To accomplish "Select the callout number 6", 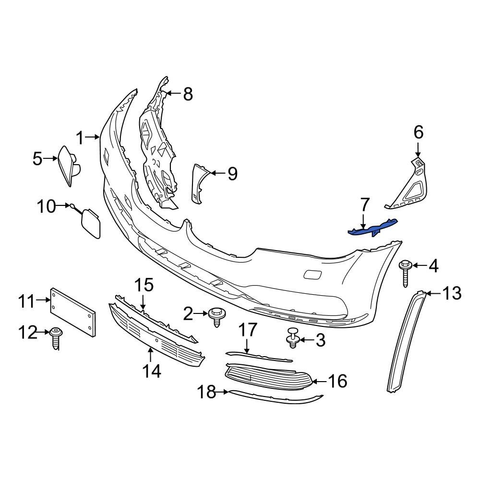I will (x=419, y=131).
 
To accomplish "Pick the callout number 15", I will (x=143, y=285).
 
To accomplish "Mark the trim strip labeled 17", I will (x=259, y=356).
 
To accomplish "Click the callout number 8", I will (x=187, y=94).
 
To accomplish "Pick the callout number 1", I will (x=80, y=139).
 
